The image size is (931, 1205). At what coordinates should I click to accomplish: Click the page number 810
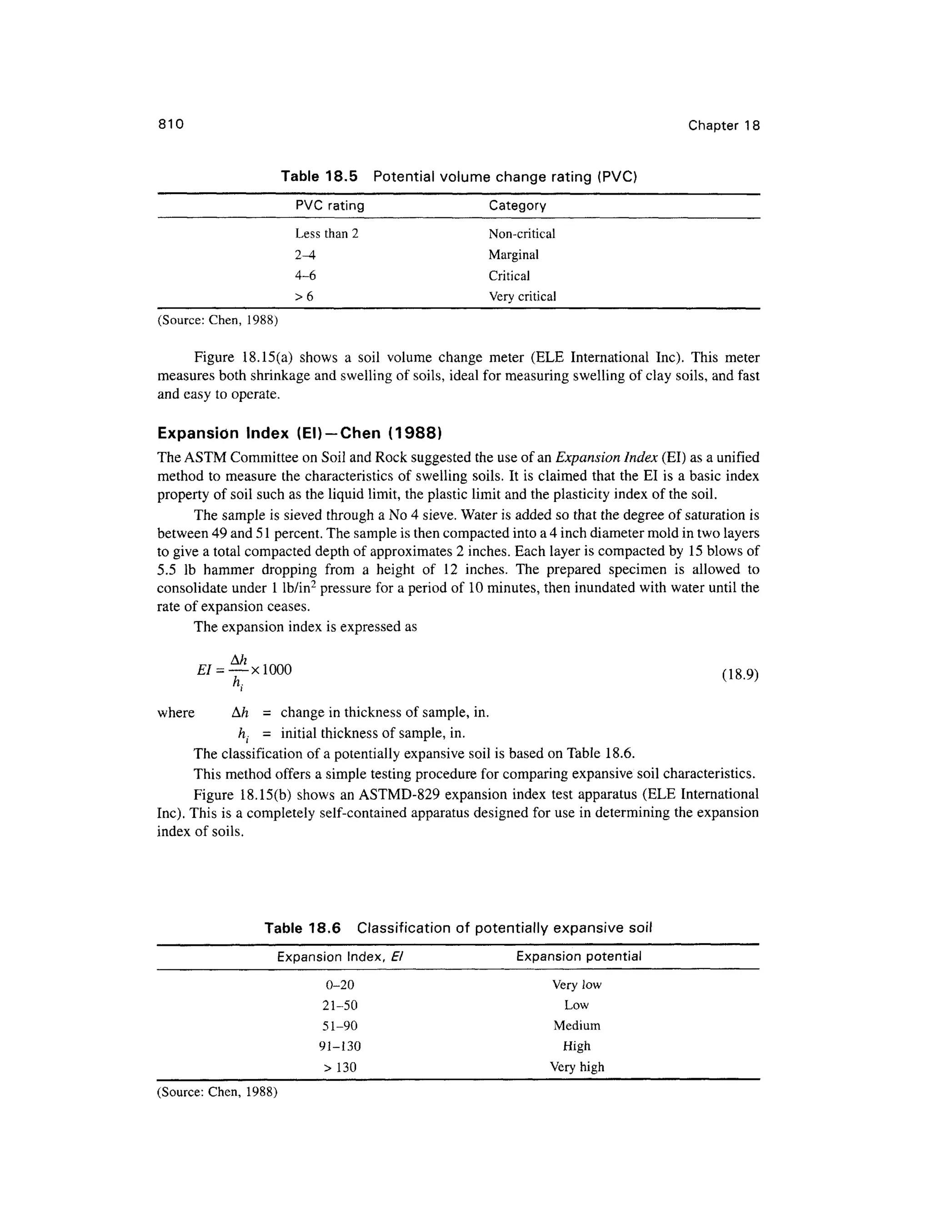[x=170, y=125]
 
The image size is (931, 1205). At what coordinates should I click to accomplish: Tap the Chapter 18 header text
[x=724, y=126]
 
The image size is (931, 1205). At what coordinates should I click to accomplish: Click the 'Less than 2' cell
[x=326, y=234]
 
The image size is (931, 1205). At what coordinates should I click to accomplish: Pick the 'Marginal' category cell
[x=513, y=255]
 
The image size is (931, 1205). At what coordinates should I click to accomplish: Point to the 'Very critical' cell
[x=522, y=297]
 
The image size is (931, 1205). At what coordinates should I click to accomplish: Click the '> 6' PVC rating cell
[x=304, y=297]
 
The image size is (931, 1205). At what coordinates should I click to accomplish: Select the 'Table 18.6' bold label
[x=302, y=928]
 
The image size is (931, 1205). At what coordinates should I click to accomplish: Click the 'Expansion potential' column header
[x=579, y=957]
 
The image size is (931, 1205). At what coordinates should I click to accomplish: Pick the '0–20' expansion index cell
[x=340, y=985]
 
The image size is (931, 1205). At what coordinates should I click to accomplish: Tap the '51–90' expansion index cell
[x=340, y=1026]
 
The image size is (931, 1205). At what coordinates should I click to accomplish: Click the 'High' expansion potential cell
[x=576, y=1046]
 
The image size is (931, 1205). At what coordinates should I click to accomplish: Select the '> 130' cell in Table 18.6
[x=340, y=1067]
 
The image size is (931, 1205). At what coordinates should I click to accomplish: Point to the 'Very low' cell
[x=576, y=985]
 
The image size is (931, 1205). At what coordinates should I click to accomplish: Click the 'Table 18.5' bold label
[x=319, y=176]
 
